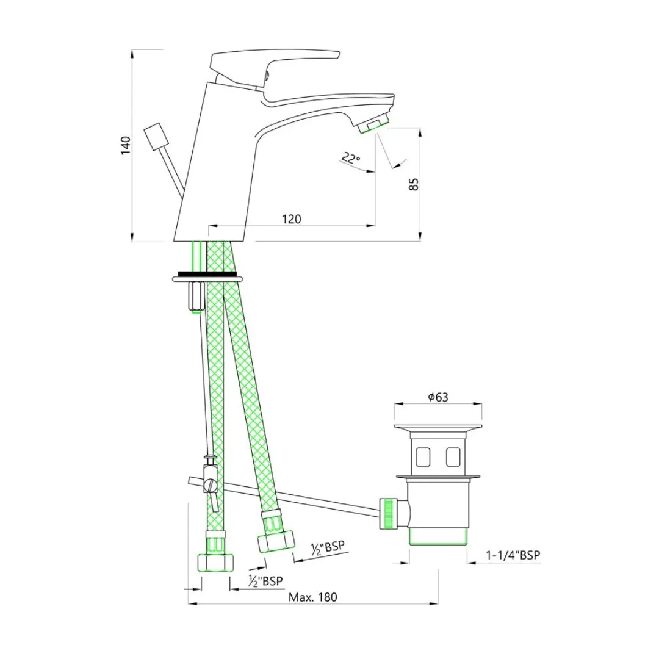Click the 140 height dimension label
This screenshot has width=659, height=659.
tap(126, 145)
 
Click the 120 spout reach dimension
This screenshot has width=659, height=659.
tap(292, 219)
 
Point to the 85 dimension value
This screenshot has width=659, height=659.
tap(414, 184)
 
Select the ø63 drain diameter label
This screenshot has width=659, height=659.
tap(438, 397)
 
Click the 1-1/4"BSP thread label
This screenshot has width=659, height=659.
tap(513, 555)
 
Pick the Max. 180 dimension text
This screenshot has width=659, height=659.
tap(312, 597)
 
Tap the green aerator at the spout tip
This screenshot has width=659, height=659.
tap(373, 126)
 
